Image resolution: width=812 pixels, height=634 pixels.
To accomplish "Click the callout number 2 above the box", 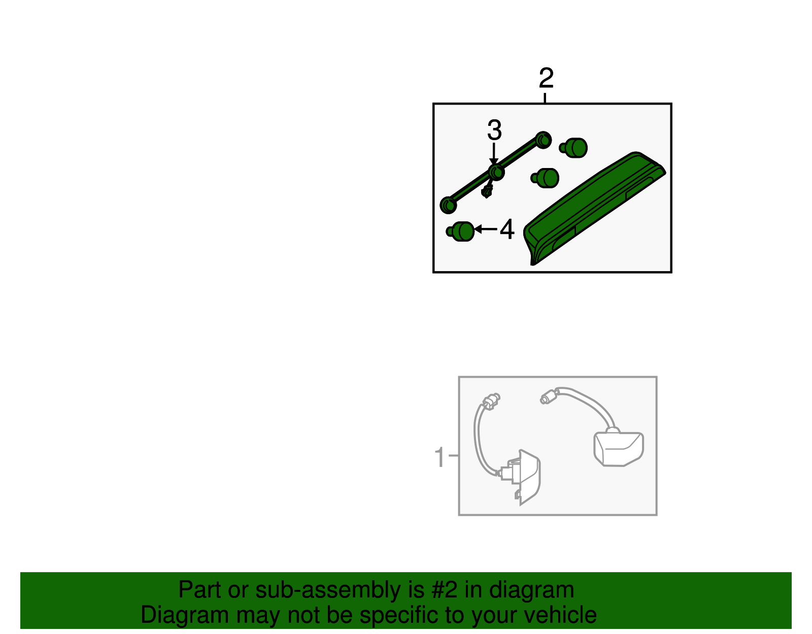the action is pyautogui.click(x=546, y=78).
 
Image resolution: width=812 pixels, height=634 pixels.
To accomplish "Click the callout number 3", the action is pyautogui.click(x=494, y=130).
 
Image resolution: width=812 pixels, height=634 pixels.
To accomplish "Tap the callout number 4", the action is pyautogui.click(x=507, y=229).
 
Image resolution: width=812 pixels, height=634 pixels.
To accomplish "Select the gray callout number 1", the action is pyautogui.click(x=439, y=456).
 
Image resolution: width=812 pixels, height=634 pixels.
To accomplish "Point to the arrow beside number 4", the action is pyautogui.click(x=485, y=229).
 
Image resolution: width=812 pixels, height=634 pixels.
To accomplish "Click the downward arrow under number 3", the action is pyautogui.click(x=494, y=154).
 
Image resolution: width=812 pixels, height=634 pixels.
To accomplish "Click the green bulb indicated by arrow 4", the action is pyautogui.click(x=460, y=231).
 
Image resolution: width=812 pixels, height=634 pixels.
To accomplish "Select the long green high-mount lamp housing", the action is pyautogui.click(x=594, y=209).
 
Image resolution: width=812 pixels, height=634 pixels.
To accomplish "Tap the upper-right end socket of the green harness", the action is pyautogui.click(x=544, y=140).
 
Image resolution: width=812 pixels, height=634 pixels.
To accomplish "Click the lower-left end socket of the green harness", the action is pyautogui.click(x=449, y=205).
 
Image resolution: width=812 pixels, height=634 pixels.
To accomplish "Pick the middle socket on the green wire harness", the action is pyautogui.click(x=496, y=172).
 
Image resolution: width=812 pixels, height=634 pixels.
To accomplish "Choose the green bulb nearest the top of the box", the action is pyautogui.click(x=573, y=148).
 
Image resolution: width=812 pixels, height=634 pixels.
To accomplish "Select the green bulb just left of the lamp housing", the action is pyautogui.click(x=545, y=178).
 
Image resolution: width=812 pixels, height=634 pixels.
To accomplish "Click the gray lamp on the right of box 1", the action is pyautogui.click(x=619, y=449).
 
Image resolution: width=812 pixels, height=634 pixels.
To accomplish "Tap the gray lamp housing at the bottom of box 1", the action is pyautogui.click(x=523, y=478).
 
